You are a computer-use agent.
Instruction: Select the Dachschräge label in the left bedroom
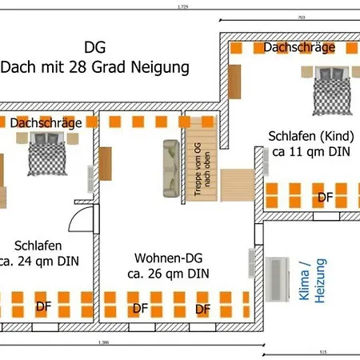[x=46, y=122]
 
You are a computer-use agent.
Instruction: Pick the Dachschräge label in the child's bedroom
[x=298, y=48]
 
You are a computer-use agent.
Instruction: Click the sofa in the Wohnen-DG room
[x=170, y=168]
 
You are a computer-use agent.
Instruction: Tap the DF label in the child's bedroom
[x=326, y=196]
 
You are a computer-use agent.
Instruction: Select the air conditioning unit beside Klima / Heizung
[x=281, y=280]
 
